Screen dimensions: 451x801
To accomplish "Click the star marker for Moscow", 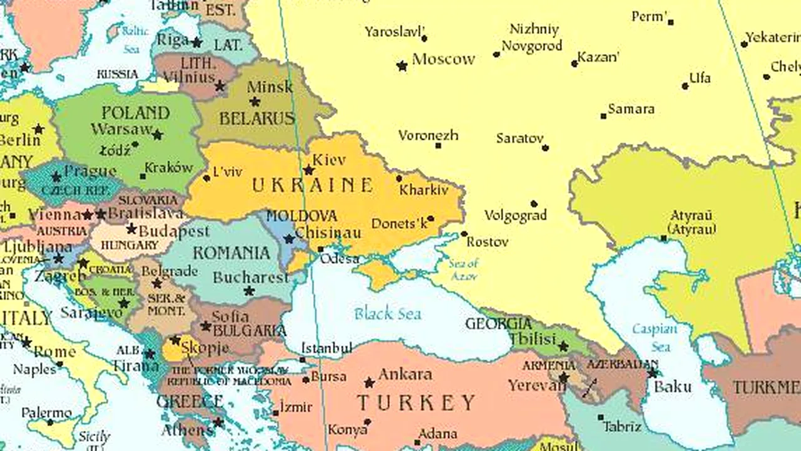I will click(x=402, y=65).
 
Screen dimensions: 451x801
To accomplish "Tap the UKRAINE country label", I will click(x=312, y=185).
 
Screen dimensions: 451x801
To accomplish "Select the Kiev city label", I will click(x=329, y=160).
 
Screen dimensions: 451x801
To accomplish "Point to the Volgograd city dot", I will click(x=534, y=204).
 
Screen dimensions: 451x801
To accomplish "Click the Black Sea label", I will click(x=387, y=313).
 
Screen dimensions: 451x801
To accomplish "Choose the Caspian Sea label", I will click(x=655, y=337).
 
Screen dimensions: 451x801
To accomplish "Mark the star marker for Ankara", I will click(x=369, y=382).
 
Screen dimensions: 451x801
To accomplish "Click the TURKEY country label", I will click(x=416, y=402).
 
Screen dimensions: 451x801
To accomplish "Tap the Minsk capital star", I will click(x=255, y=101).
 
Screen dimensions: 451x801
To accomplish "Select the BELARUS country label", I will click(x=257, y=118).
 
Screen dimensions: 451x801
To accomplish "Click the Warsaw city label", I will click(x=121, y=130).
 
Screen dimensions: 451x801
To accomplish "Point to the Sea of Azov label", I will click(x=464, y=269).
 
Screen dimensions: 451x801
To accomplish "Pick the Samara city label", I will click(x=631, y=109).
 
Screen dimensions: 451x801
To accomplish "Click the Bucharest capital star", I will click(x=249, y=291).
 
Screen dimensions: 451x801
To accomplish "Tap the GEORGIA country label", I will click(x=498, y=324).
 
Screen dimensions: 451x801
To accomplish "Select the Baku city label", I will click(x=673, y=387).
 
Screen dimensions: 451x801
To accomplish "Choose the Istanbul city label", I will click(x=327, y=348).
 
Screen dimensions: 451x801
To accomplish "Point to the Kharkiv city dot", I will click(x=399, y=179).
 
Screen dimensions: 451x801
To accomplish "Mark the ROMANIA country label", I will click(x=231, y=253).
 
